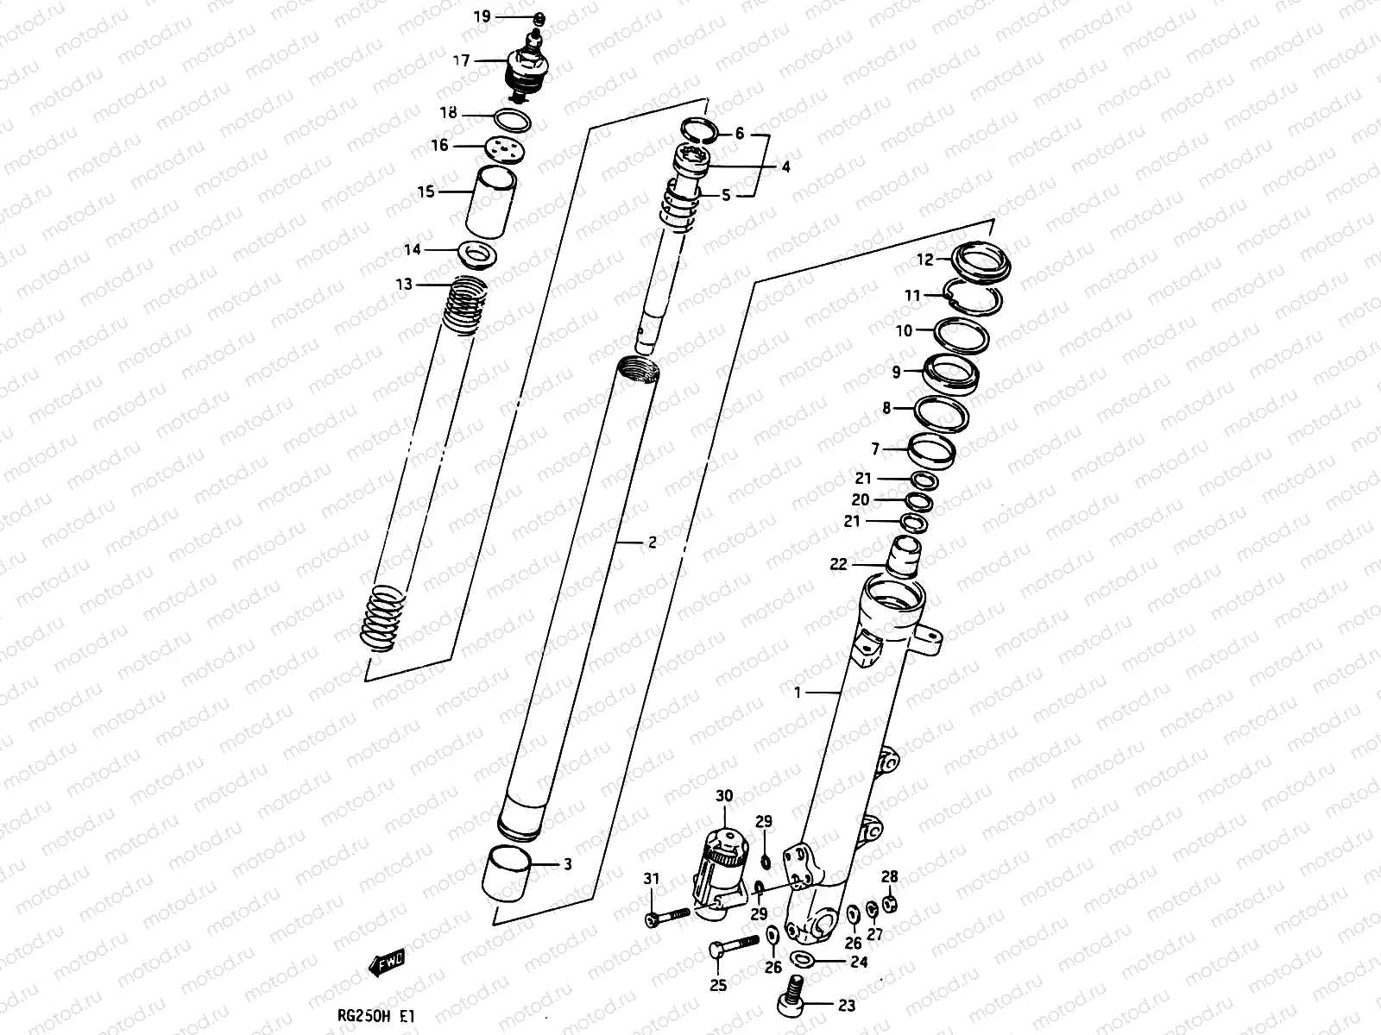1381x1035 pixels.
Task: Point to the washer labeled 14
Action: (476, 254)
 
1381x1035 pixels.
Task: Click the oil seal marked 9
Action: (950, 373)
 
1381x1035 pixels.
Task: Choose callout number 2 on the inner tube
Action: (652, 543)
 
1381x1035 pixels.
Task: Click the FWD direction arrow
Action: (389, 964)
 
